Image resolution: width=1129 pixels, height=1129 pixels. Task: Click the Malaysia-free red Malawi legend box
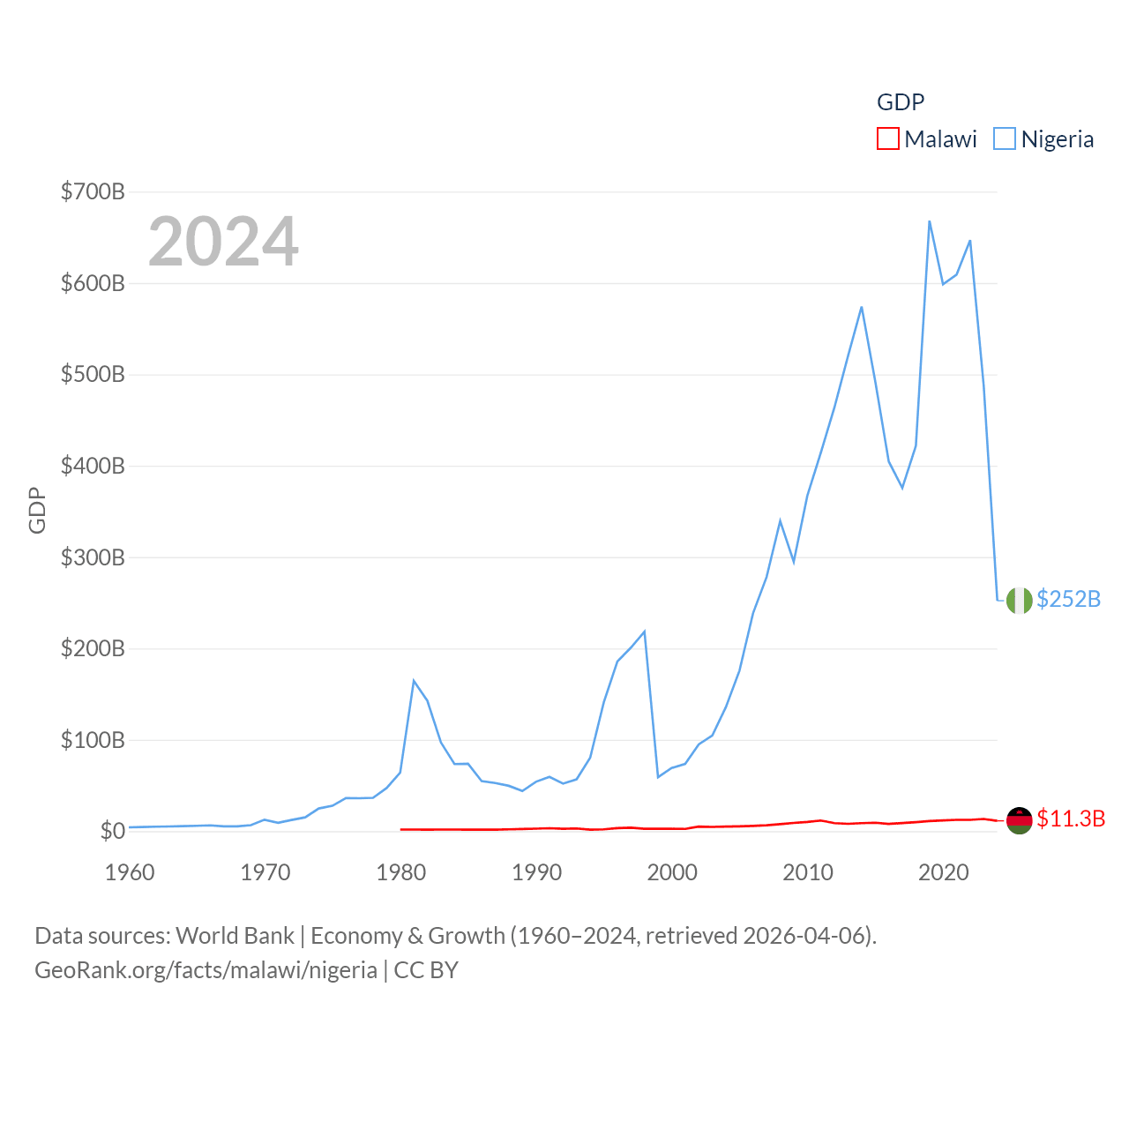[887, 139]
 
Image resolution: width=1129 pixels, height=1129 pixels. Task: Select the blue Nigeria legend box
[1004, 139]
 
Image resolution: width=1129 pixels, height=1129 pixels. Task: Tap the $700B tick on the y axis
[92, 191]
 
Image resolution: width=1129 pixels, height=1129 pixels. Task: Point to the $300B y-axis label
[92, 557]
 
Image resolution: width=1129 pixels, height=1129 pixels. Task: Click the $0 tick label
[112, 831]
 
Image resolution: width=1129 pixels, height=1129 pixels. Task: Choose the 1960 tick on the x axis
[130, 873]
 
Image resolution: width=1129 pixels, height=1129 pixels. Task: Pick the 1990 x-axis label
[536, 873]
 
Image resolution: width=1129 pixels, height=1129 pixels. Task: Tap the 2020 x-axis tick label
[943, 873]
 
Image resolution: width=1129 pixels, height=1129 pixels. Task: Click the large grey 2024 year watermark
[223, 242]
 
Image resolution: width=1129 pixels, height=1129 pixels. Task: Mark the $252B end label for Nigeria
[1068, 600]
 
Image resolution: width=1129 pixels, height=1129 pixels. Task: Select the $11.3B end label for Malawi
[1071, 819]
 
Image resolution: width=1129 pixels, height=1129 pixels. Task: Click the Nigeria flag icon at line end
[1019, 600]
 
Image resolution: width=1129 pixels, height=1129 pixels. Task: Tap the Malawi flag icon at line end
[1019, 820]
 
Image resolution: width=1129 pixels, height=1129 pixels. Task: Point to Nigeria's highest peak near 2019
[930, 221]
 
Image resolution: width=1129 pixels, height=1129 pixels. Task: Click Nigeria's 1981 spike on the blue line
[414, 681]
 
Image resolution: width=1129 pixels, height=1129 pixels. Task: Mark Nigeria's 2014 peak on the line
[862, 307]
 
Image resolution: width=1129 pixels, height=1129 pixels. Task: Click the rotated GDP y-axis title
[37, 510]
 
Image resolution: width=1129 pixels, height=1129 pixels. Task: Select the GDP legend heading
[901, 102]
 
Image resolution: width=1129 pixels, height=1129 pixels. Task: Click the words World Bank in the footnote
[235, 936]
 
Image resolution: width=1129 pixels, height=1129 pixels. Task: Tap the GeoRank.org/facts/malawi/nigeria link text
[206, 970]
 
